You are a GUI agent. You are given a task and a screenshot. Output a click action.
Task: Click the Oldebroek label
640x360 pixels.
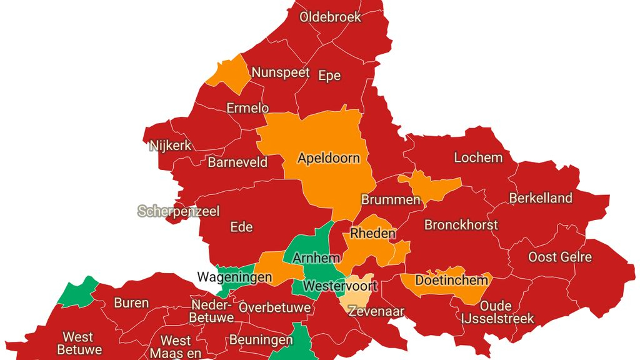click(331, 17)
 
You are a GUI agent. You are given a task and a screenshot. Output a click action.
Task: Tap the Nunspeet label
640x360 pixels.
click(281, 72)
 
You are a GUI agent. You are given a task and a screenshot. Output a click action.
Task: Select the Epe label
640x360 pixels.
click(329, 76)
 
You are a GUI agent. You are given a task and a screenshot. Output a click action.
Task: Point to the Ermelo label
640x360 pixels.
click(247, 108)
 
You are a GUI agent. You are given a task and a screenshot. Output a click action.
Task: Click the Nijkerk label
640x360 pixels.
click(171, 146)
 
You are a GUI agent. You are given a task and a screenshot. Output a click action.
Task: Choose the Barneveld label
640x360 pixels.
click(237, 162)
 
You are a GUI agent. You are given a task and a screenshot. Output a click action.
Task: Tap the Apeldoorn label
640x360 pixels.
click(328, 158)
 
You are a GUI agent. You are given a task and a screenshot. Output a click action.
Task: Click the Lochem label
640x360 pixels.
click(478, 157)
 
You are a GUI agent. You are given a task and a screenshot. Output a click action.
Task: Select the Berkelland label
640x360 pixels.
click(541, 198)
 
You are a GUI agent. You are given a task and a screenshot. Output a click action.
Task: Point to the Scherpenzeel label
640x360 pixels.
click(179, 211)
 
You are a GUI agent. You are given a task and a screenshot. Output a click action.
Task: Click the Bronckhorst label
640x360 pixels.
click(461, 224)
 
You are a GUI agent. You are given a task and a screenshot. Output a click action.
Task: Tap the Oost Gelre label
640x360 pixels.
click(560, 257)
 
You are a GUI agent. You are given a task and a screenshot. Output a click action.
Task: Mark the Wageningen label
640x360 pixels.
click(234, 277)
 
